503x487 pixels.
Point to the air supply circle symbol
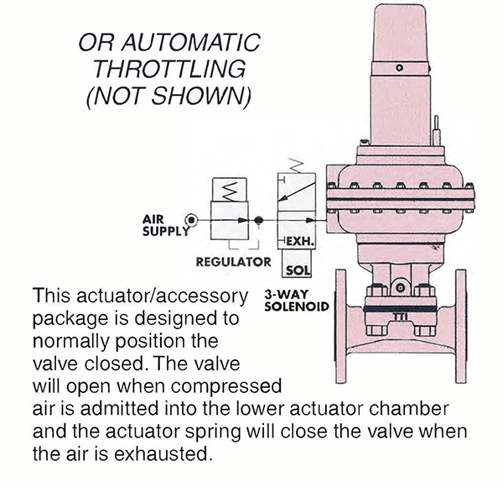(192, 219)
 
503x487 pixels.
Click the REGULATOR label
(233, 262)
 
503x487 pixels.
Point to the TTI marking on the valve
(402, 317)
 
